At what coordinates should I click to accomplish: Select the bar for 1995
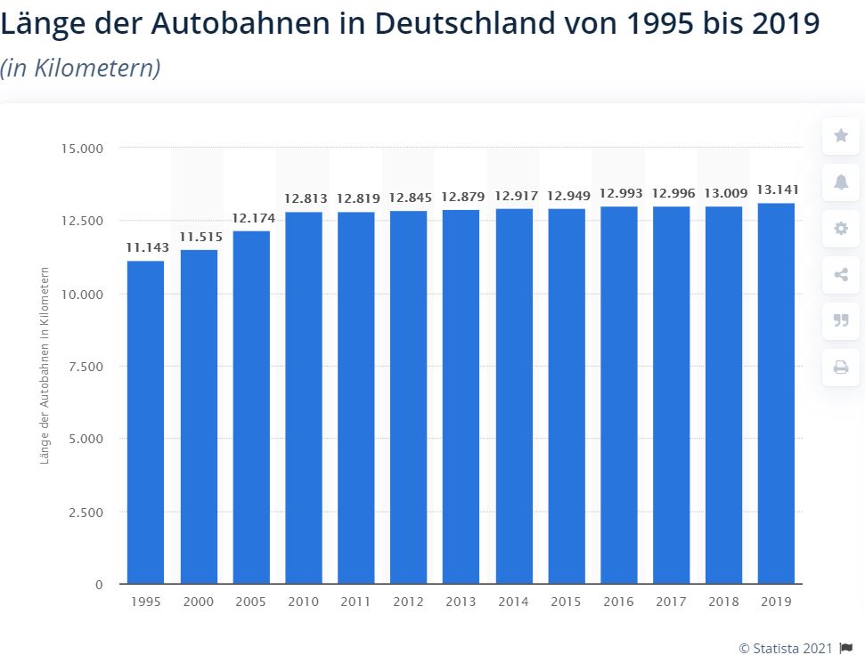tap(145, 422)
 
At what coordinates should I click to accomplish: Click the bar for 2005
tap(251, 408)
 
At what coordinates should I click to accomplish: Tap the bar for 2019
tap(776, 393)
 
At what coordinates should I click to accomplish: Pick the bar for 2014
tap(514, 396)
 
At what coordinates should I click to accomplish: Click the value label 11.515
tap(200, 237)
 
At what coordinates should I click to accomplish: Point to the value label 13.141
tap(778, 190)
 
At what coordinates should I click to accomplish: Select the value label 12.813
tap(306, 198)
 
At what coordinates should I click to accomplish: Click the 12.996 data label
tap(673, 193)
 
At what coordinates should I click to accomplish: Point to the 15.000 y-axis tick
tap(82, 149)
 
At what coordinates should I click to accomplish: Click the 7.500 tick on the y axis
tap(86, 367)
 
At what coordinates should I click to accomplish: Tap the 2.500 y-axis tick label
tap(86, 513)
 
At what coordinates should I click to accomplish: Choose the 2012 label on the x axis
tap(408, 602)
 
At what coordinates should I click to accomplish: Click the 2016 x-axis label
tap(618, 602)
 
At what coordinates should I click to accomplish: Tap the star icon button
tap(841, 135)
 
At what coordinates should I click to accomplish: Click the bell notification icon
tap(841, 182)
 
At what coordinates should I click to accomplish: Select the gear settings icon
tap(841, 228)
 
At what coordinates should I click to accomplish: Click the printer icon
tap(841, 367)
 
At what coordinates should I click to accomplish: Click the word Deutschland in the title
tap(465, 23)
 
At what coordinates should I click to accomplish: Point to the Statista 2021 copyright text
tap(786, 649)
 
